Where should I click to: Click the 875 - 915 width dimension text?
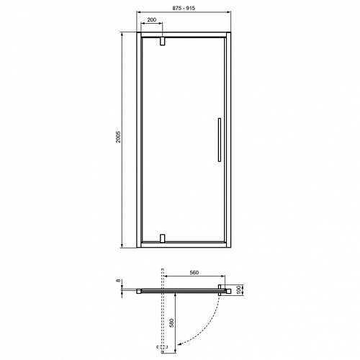click(184, 8)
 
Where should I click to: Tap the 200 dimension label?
click(152, 19)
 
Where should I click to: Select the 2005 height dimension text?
click(118, 137)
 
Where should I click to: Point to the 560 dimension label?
click(194, 273)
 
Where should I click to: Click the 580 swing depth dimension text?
click(171, 323)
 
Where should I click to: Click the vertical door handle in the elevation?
click(220, 140)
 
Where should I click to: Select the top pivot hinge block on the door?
click(163, 41)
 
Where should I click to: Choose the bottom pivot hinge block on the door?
click(163, 238)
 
